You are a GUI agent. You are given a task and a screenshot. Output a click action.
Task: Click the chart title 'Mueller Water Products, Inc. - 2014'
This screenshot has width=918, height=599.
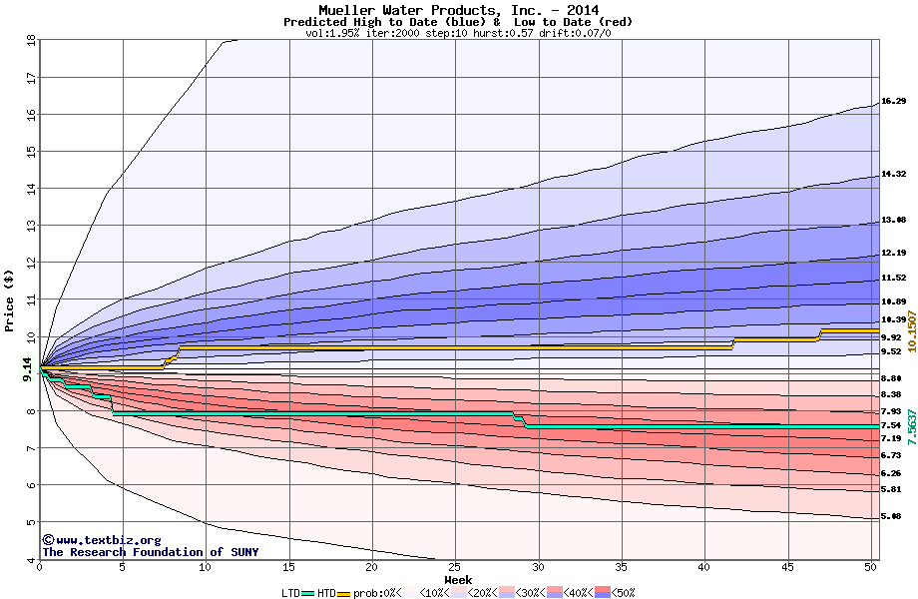(x=458, y=10)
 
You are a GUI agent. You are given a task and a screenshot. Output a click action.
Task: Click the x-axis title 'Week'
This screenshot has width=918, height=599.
(x=458, y=580)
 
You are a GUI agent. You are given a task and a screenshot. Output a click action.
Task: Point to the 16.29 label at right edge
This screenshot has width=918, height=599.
(x=893, y=101)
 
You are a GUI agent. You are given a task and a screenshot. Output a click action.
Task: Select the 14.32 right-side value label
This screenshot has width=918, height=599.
(x=893, y=174)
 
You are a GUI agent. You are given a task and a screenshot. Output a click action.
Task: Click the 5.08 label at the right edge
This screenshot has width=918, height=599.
(x=893, y=516)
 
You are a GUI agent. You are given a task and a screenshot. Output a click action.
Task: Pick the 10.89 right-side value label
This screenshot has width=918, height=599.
(x=893, y=300)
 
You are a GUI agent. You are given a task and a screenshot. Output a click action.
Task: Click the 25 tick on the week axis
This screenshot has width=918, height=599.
(x=455, y=567)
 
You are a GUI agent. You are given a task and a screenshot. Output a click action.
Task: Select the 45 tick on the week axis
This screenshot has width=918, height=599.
(x=787, y=567)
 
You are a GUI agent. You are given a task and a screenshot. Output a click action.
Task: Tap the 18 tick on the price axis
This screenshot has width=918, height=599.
(x=30, y=40)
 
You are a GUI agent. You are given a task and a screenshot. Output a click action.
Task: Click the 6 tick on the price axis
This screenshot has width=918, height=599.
(x=30, y=485)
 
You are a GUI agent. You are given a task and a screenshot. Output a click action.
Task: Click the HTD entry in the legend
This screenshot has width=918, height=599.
(x=326, y=593)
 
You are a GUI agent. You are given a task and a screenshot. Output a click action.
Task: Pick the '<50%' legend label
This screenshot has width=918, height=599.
(x=623, y=593)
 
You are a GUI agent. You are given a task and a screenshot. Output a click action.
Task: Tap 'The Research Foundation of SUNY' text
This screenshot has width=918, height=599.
(x=149, y=552)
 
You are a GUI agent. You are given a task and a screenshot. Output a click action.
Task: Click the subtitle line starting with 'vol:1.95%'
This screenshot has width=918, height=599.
(x=458, y=33)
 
